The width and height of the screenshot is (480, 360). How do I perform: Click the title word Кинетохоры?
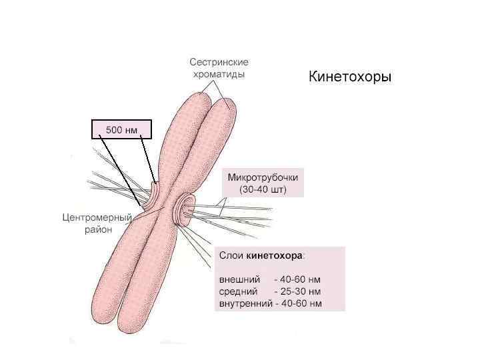click(349, 78)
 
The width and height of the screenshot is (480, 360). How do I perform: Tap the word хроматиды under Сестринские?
click(218, 74)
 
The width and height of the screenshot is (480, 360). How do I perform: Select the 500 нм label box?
click(121, 130)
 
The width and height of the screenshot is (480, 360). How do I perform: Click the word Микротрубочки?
click(263, 178)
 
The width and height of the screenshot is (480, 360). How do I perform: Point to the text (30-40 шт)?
click(263, 189)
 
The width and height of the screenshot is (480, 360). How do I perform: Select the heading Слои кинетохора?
click(261, 255)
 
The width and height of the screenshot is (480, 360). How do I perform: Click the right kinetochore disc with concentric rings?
click(182, 209)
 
